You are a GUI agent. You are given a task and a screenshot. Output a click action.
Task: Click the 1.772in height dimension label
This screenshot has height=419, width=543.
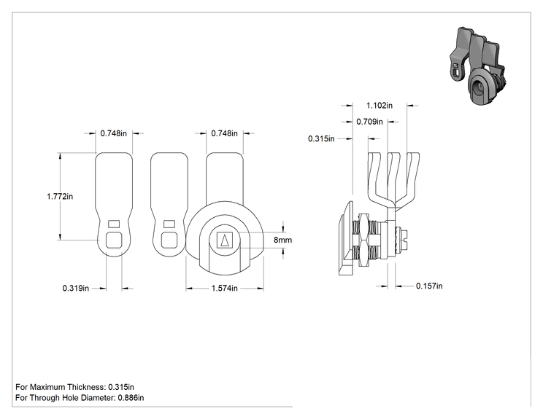(60, 196)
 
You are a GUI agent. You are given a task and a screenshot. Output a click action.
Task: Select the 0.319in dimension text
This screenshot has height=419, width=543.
(75, 288)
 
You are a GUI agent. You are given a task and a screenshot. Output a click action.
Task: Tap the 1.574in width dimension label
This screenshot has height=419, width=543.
(224, 288)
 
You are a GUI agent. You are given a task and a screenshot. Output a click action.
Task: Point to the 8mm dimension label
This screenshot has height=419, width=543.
(282, 240)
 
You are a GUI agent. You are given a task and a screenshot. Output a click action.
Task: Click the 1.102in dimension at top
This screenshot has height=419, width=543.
(380, 106)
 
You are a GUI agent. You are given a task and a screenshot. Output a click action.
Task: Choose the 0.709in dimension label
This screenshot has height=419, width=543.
(369, 122)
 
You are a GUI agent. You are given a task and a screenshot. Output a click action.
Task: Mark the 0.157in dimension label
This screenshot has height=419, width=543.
(429, 286)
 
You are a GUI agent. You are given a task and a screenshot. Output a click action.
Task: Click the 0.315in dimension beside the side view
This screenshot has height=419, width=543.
(321, 138)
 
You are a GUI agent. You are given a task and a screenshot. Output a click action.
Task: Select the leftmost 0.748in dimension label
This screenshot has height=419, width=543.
(114, 133)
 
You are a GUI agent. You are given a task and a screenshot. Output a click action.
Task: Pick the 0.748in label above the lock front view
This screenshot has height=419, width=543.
(224, 133)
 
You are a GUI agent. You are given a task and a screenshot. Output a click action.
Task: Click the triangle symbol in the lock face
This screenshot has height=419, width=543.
(224, 240)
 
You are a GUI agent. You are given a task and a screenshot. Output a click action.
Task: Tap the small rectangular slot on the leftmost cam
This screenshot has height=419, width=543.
(114, 224)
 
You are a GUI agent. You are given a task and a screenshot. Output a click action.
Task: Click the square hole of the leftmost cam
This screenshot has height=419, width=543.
(114, 240)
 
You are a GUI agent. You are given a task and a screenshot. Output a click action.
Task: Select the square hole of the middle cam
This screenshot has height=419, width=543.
(169, 240)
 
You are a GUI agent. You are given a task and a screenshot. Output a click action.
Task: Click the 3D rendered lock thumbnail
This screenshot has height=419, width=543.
(478, 66)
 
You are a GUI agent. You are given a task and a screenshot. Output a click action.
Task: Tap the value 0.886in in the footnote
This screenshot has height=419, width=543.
(131, 398)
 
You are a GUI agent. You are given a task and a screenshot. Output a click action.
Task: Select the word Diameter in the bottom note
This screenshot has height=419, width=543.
(99, 398)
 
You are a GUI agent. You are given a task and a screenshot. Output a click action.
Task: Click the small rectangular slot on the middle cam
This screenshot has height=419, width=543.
(169, 224)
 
